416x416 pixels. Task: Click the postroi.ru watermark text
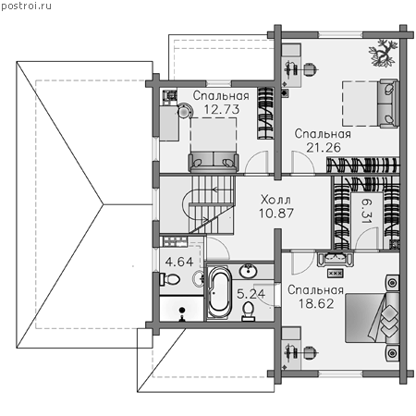pos(26,6)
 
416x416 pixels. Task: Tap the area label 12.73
pos(222,109)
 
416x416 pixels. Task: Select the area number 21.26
pos(324,148)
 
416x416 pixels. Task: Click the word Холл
pos(275,200)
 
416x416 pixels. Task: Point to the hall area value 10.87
pos(276,214)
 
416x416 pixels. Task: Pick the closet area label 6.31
pos(367,211)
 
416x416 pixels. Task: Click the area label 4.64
pos(179,262)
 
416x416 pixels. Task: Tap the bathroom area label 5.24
pos(251,294)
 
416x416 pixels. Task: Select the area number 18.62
pos(316,304)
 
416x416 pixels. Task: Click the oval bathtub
pos(219,292)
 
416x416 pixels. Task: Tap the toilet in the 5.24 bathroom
pos(248,311)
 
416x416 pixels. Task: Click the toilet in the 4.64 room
pos(169,279)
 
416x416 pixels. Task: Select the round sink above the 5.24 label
pos(249,271)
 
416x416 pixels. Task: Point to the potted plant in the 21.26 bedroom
pos(383,53)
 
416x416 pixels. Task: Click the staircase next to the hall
pos(211,205)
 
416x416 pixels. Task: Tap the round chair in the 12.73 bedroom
pos(184,111)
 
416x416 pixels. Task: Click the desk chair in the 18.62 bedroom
pos(310,353)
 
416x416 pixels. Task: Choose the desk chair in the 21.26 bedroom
pos(311,69)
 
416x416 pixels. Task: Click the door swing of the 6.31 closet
pos(367,239)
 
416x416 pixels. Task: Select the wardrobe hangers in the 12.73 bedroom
pos(265,113)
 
